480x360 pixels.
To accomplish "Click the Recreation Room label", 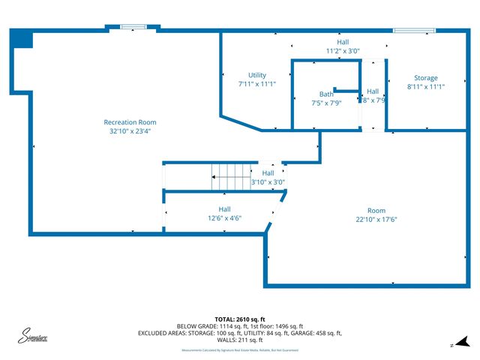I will pos(130,122).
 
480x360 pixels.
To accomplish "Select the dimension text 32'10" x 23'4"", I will pos(130,131).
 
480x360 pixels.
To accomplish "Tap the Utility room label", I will pos(257,76).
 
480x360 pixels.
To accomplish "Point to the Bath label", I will pos(326,94).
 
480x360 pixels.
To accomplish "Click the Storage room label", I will pos(426,78).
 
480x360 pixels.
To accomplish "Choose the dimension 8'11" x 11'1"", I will pos(426,87).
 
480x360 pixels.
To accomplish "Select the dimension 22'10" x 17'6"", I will pos(376,220).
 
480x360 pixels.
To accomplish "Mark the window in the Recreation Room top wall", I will pos(132,28).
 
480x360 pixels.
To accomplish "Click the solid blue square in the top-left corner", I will pos(22,39).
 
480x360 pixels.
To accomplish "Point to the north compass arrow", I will pos(463,341).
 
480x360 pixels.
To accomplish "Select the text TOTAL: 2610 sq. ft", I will pos(240,319).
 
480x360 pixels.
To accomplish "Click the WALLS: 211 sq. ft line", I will pos(240,340).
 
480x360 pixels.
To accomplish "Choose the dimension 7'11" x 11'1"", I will pos(257,85).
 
